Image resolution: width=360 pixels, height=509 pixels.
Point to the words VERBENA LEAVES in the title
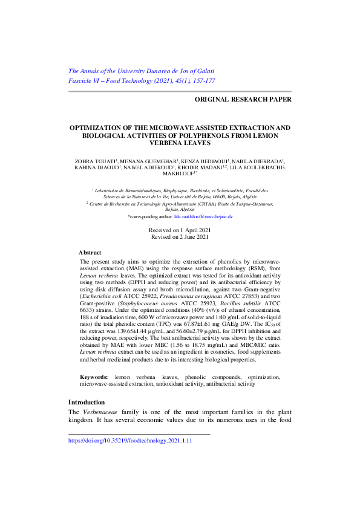[x=180, y=144]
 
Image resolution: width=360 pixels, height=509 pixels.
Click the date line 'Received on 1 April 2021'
[x=180, y=231]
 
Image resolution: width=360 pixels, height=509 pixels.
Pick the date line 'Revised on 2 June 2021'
[x=180, y=238]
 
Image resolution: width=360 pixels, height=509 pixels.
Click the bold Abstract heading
[x=90, y=252]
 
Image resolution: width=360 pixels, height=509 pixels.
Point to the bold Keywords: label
[x=94, y=377]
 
